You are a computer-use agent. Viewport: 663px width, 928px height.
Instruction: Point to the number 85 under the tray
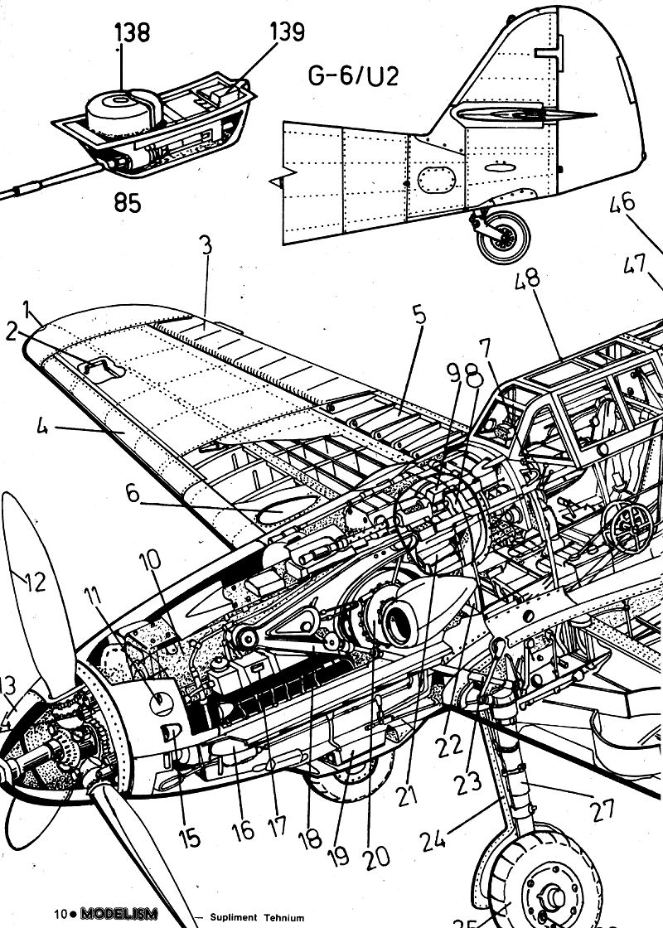click(x=122, y=202)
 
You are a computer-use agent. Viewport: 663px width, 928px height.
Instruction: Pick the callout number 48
click(x=527, y=278)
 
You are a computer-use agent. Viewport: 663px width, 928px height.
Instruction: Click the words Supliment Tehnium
click(x=257, y=917)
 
